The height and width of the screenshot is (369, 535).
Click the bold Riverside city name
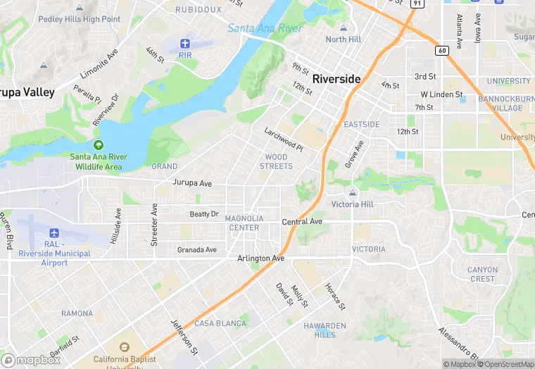(x=336, y=79)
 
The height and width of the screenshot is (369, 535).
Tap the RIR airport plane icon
(x=185, y=44)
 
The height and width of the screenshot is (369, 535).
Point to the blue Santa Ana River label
(x=265, y=29)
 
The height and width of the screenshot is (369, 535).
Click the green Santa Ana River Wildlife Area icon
(x=99, y=144)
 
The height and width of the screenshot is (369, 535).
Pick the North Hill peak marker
(x=344, y=29)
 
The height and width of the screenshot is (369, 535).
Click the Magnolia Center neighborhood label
(x=244, y=223)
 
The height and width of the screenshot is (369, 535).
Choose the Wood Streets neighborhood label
(x=276, y=161)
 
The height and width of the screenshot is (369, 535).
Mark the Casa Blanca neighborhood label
(x=220, y=323)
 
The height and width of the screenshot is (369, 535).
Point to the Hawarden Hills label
(x=325, y=330)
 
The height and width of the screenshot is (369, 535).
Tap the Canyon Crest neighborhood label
(x=482, y=274)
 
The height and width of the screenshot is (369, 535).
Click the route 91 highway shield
(x=417, y=4)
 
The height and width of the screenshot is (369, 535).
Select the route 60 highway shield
(x=442, y=50)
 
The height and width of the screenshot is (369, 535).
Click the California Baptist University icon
(x=125, y=348)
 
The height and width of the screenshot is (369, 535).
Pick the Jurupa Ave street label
(x=192, y=183)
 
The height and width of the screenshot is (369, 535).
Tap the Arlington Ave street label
(x=260, y=258)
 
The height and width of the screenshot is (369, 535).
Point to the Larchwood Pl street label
(x=283, y=139)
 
